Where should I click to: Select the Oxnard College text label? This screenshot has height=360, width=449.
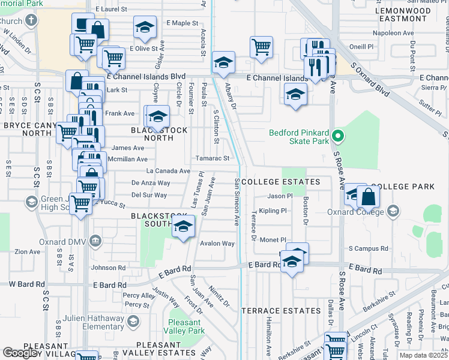coord(354,211)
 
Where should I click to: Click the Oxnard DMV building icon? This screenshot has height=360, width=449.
coord(95,241)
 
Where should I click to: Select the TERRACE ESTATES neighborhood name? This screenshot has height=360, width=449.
coord(281,311)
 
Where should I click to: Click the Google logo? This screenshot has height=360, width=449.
coord(21,353)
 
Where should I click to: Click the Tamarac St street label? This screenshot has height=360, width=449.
coord(212,158)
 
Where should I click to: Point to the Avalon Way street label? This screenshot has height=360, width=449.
coord(217,244)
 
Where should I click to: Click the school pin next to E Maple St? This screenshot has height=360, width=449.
coord(144,28)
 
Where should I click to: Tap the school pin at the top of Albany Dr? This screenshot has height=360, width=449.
coord(223,62)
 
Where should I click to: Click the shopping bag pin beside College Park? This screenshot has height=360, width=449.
coord(367,196)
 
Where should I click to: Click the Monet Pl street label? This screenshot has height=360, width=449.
coord(274,239)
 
